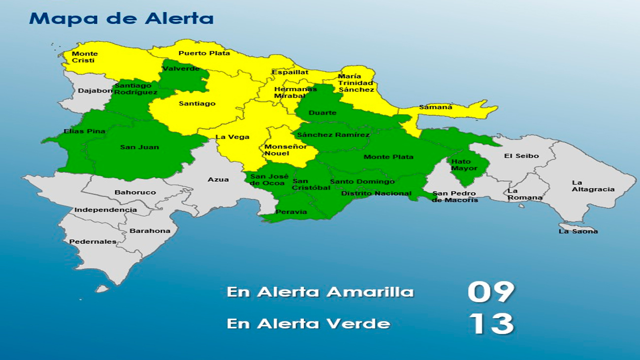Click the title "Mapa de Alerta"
pyautogui.click(x=121, y=18)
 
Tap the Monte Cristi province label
pyautogui.click(x=85, y=57)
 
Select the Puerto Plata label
pyautogui.click(x=204, y=53)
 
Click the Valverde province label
pyautogui.click(x=181, y=68)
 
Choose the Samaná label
pyautogui.click(x=435, y=107)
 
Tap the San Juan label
pyautogui.click(x=139, y=147)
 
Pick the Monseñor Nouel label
pyautogui.click(x=286, y=150)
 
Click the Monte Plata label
pyautogui.click(x=388, y=157)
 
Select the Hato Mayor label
pyautogui.click(x=464, y=165)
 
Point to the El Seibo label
pyautogui.click(x=521, y=156)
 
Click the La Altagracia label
pyautogui.click(x=593, y=186)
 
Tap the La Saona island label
pyautogui.click(x=578, y=231)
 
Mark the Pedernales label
pyautogui.click(x=93, y=242)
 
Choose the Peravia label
pyautogui.click(x=291, y=212)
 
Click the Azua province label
pyautogui.click(x=218, y=180)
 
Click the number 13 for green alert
pyautogui.click(x=490, y=324)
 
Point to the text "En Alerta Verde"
pyautogui.click(x=308, y=324)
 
